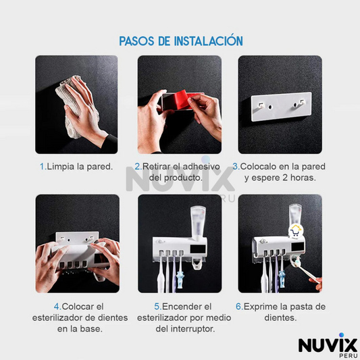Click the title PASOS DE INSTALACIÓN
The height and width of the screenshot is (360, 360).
(181, 41)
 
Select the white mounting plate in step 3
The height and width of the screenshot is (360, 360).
(281, 107)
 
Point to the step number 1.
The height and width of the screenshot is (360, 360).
(43, 166)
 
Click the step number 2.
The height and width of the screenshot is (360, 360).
(138, 166)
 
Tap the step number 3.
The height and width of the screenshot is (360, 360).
(235, 166)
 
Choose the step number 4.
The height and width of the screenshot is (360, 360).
(57, 307)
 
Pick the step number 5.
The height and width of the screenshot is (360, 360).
(157, 307)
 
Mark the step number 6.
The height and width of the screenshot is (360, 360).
(239, 307)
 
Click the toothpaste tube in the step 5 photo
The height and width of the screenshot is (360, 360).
(198, 224)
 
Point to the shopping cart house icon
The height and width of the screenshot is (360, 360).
(296, 231)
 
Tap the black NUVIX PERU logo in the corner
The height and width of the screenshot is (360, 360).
(328, 346)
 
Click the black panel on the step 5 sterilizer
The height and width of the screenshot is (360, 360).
(198, 249)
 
